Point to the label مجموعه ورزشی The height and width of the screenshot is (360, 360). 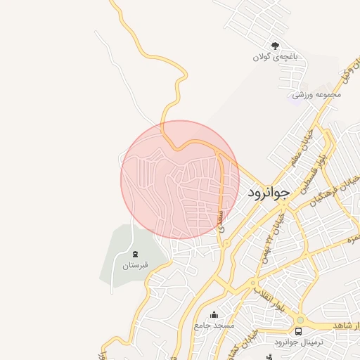click(x=317, y=94)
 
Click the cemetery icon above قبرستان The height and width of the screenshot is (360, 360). click(x=135, y=254)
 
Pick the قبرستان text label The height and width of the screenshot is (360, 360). click(x=135, y=265)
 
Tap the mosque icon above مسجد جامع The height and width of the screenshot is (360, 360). click(x=214, y=314)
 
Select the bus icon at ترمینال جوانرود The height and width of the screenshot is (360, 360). click(x=299, y=330)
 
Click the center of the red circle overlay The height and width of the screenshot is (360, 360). click(x=180, y=179)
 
